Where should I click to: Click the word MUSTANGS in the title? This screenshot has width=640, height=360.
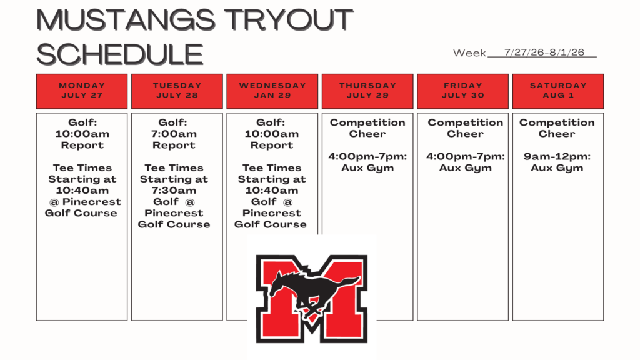pos(126,19)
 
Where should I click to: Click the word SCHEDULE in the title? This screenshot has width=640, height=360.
pos(120,54)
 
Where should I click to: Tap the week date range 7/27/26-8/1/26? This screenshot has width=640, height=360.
pos(544,52)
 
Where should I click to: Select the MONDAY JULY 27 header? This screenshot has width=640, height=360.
pos(82,91)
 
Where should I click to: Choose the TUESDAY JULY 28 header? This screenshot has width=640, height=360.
pos(177,91)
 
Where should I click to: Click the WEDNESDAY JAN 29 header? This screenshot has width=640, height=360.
pos(272,91)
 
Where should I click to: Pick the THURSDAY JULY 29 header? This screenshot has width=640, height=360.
pos(367,91)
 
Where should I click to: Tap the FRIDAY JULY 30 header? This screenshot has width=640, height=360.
pos(463,91)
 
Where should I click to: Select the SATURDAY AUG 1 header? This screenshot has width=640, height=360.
pos(558,91)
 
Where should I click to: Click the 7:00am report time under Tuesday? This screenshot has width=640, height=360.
pos(174,134)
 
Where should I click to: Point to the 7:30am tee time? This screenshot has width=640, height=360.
pos(174,191)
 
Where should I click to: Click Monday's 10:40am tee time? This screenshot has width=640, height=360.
pos(82,191)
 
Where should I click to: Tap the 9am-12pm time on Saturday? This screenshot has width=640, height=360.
pos(557,157)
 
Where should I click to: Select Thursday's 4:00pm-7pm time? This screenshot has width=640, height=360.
pos(367,157)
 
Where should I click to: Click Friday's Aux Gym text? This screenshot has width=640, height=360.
pos(465,168)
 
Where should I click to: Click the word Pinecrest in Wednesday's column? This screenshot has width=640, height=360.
pos(272,213)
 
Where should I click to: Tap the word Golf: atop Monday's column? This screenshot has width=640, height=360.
pos(82,122)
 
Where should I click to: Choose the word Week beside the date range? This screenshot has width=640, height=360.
pos(469,53)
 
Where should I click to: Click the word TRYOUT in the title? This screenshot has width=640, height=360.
pos(289,19)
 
